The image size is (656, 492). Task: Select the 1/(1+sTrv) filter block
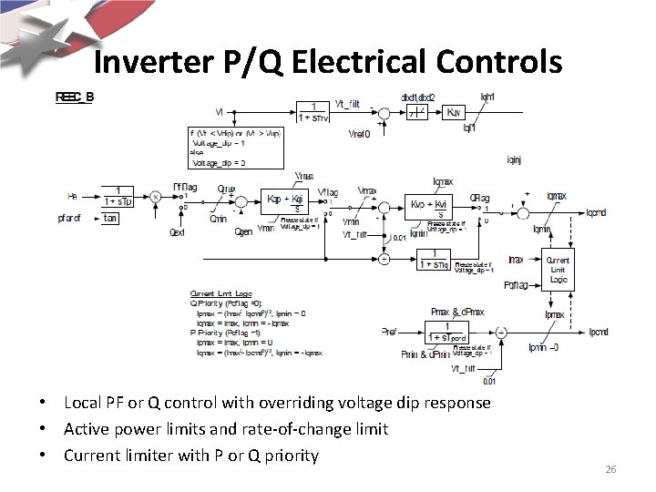pyautogui.click(x=313, y=113)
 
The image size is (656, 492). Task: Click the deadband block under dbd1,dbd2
pyautogui.click(x=415, y=113)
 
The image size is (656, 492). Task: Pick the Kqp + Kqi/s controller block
pyautogui.click(x=284, y=202)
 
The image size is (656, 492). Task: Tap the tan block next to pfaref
pyautogui.click(x=110, y=218)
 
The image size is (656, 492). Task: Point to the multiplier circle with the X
pyautogui.click(x=156, y=196)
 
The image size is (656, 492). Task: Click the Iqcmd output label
pyautogui.click(x=597, y=213)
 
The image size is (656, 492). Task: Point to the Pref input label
pyautogui.click(x=389, y=332)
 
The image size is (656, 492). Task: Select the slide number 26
pyautogui.click(x=610, y=469)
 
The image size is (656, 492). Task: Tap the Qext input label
pyautogui.click(x=180, y=232)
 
